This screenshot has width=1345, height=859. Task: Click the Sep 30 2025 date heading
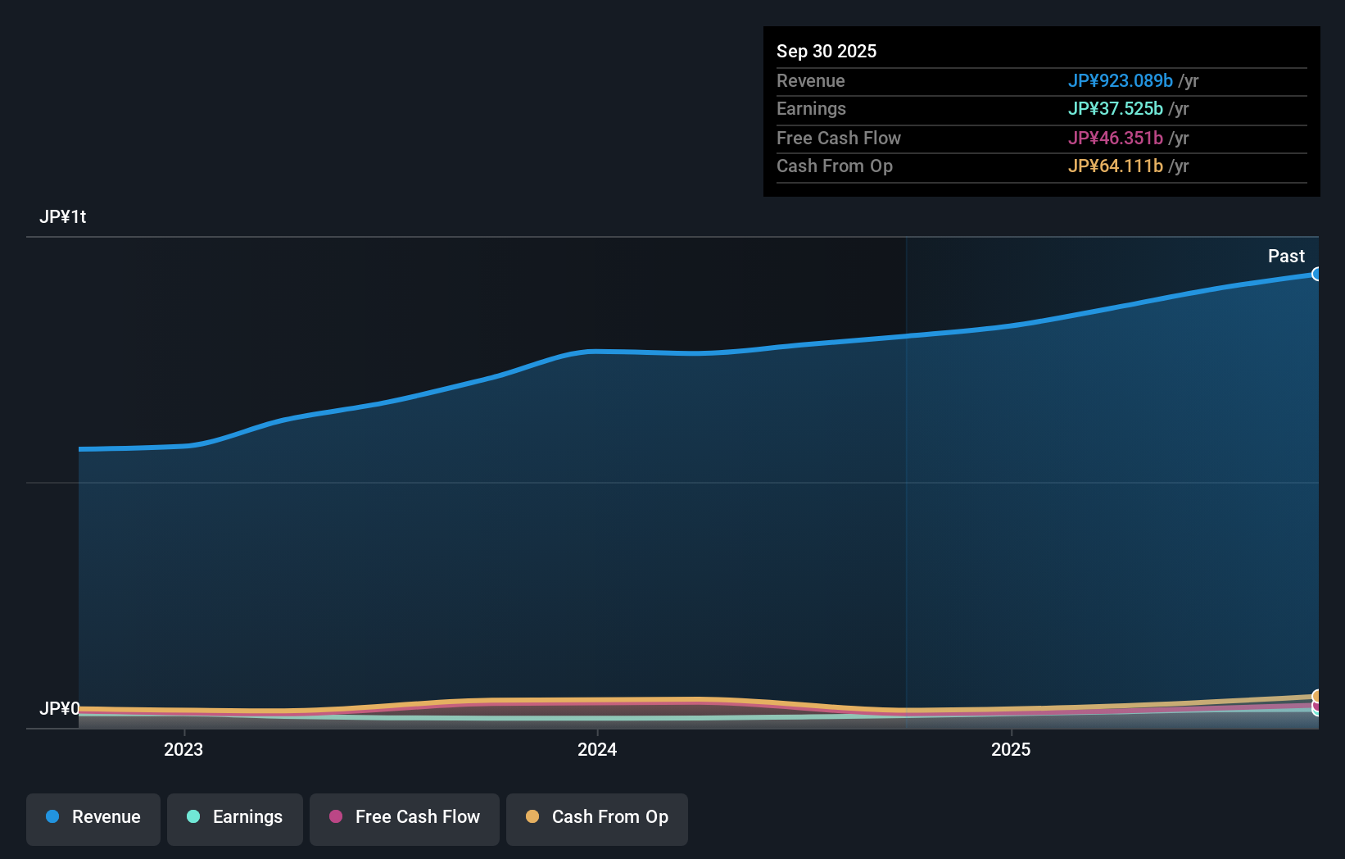click(x=826, y=51)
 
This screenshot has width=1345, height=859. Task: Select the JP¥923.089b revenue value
click(x=1120, y=80)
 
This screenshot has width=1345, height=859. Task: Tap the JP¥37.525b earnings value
click(x=1115, y=108)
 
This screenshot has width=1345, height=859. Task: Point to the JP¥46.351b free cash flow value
click(x=1115, y=138)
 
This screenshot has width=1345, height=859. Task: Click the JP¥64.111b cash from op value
click(x=1115, y=166)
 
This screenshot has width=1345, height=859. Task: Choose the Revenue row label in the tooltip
click(x=810, y=80)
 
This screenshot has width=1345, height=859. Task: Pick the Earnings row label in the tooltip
click(x=811, y=108)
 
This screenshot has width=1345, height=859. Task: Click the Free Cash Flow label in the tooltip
click(x=838, y=138)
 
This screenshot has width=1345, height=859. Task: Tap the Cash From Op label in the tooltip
click(x=834, y=166)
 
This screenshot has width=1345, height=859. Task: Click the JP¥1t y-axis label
click(x=62, y=216)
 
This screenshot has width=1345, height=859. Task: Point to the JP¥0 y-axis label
click(x=59, y=708)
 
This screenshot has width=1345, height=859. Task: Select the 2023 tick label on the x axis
click(x=183, y=749)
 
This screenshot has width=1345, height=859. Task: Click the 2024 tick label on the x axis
click(x=597, y=749)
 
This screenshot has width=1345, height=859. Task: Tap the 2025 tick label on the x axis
click(x=1011, y=749)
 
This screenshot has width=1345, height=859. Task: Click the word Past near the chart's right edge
click(x=1286, y=256)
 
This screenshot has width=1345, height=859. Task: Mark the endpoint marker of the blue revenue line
click(x=1316, y=274)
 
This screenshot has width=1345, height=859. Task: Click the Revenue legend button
click(x=93, y=817)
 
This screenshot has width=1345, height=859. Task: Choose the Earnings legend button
click(x=235, y=817)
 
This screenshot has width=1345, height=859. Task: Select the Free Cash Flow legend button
click(x=405, y=817)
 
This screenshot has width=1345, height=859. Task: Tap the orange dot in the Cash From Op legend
click(x=532, y=816)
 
